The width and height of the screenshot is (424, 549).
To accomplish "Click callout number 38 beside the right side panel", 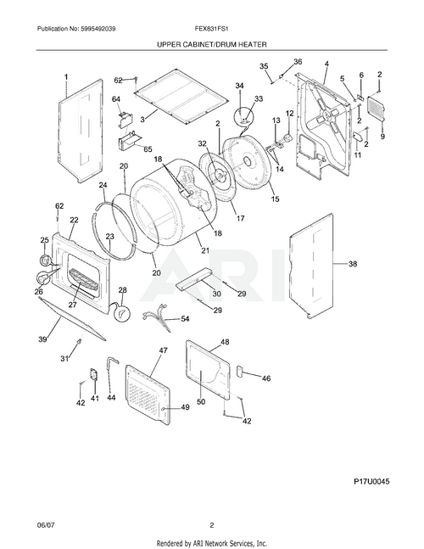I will (353, 265).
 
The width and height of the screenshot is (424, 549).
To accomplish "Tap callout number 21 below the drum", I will (204, 250).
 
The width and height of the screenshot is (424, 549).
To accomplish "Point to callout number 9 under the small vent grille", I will (382, 137).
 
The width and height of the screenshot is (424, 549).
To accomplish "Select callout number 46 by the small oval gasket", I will (266, 378).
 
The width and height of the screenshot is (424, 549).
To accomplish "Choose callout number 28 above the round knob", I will (121, 290).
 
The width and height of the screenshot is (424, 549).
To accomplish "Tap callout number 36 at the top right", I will (297, 62).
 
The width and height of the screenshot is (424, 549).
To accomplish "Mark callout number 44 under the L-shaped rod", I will (111, 397).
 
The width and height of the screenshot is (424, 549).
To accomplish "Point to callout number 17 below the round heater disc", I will (240, 218).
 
